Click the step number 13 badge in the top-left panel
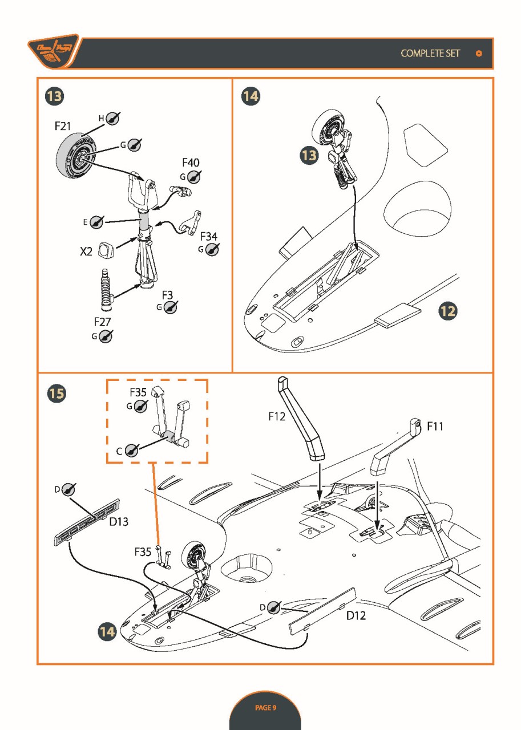[54, 96]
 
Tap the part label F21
[63, 126]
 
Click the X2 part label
[86, 251]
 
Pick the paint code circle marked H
[113, 118]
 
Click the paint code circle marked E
[97, 221]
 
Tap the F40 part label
[191, 163]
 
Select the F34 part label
[208, 236]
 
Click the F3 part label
[167, 295]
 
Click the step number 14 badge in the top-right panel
[250, 96]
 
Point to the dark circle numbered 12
[448, 311]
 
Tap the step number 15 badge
[56, 393]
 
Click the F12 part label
[277, 417]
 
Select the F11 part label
[435, 426]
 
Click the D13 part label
[119, 521]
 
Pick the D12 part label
[356, 616]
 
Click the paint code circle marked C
[132, 451]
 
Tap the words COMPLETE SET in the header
[430, 54]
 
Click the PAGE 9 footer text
[265, 708]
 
